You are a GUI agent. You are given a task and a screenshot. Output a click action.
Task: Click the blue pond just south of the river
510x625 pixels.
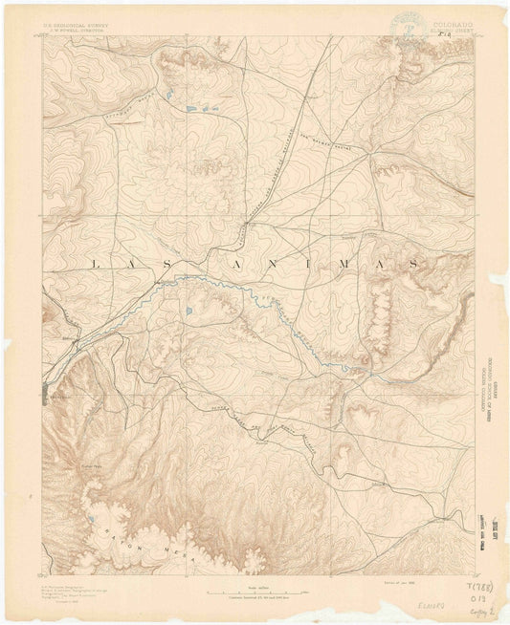[x=189, y=311]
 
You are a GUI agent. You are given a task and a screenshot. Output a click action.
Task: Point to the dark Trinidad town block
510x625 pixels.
[x=45, y=390]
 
